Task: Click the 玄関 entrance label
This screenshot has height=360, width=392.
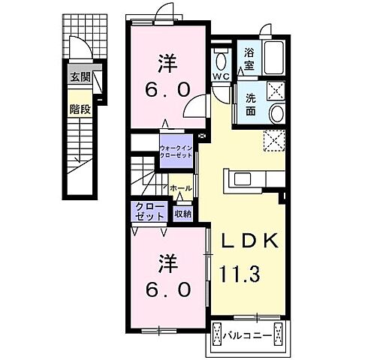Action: click(x=80, y=76)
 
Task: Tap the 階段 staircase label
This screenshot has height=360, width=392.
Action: click(x=80, y=109)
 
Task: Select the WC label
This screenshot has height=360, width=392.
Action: click(x=221, y=76)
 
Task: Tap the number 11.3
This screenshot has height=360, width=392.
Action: click(x=240, y=271)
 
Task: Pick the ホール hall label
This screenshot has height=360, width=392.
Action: click(x=180, y=188)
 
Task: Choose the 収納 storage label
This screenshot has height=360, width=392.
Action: click(x=183, y=214)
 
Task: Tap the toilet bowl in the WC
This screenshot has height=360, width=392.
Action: click(x=222, y=60)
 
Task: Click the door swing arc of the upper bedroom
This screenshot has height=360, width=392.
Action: click(x=193, y=108)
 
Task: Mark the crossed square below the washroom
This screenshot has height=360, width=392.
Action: click(x=274, y=140)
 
